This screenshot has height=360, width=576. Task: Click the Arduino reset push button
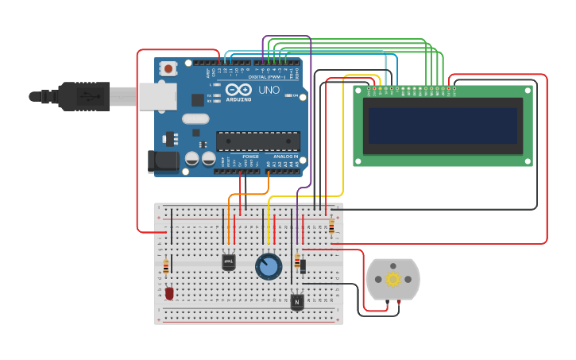click(168, 69)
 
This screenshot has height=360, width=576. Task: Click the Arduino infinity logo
click(239, 90)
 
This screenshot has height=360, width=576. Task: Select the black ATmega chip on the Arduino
click(258, 141)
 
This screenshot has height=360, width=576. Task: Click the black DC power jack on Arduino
click(163, 161)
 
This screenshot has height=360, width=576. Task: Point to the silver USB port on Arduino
click(157, 96)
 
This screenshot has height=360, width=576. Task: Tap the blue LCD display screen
click(443, 126)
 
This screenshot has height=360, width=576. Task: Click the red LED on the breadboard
click(169, 293)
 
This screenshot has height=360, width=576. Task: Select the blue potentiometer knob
click(269, 266)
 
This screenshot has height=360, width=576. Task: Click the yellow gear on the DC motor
click(393, 279)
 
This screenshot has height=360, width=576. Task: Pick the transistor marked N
click(296, 302)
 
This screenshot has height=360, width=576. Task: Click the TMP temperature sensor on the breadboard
click(228, 261)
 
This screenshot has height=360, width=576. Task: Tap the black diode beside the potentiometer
click(303, 266)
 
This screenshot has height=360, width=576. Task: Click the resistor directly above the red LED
click(166, 266)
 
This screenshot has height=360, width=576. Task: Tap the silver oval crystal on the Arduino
click(195, 119)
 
